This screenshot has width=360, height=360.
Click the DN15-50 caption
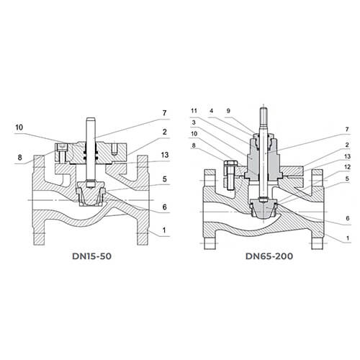(91, 256)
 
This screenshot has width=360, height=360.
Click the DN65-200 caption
(269, 256)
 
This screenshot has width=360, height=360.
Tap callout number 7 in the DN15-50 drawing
(164, 113)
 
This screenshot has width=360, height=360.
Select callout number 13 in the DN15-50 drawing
(165, 155)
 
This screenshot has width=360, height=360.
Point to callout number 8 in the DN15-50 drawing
(19, 158)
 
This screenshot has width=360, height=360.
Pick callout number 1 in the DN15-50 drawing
(164, 230)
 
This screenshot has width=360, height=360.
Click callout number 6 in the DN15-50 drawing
(164, 207)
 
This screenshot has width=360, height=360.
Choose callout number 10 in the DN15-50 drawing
(19, 127)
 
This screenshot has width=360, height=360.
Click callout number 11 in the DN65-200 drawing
(194, 111)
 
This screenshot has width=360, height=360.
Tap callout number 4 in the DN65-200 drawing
(211, 111)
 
